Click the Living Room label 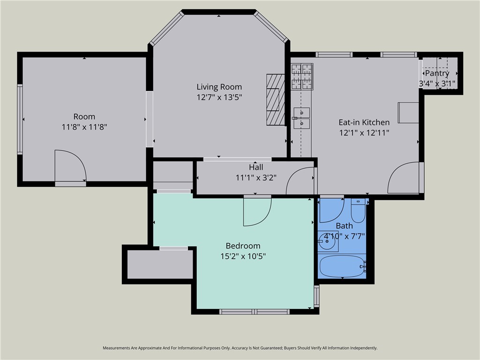(219, 87)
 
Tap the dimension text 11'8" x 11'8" (84, 127)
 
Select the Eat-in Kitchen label (364, 122)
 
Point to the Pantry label (437, 74)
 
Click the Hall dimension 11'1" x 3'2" (256, 178)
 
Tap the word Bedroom (243, 246)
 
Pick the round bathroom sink (327, 241)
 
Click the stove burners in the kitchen (302, 76)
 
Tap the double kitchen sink (301, 118)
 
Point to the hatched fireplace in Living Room (276, 99)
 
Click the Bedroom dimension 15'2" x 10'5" (243, 256)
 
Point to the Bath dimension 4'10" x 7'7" (345, 236)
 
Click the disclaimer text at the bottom (240, 348)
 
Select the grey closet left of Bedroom (160, 264)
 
